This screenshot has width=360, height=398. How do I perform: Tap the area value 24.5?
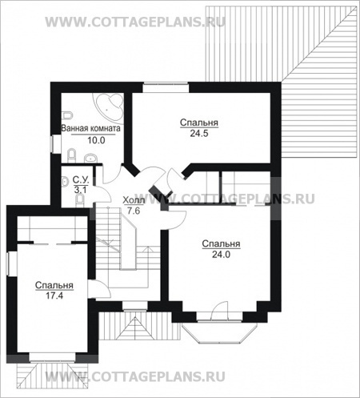tap(199, 134)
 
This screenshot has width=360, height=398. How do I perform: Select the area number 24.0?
tap(221, 255)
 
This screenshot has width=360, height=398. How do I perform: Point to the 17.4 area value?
tap(54, 295)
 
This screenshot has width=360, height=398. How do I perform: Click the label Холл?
tap(134, 200)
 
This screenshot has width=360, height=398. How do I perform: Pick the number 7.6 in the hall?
tap(134, 211)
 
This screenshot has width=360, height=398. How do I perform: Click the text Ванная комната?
tap(90, 128)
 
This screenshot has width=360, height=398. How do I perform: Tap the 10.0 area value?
tap(96, 140)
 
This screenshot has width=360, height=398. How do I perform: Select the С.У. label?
tap(81, 180)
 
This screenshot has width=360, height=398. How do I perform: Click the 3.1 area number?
tap(81, 190)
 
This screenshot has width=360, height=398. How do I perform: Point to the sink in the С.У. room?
tap(65, 182)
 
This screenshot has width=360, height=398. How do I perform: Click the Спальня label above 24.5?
tap(199, 123)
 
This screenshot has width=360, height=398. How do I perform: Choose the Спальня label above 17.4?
tap(54, 285)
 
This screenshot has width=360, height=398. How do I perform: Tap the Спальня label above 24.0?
tap(221, 243)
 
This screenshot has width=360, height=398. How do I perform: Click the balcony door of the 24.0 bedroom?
tap(220, 311)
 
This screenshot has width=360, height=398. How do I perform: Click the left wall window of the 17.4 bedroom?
tap(12, 263)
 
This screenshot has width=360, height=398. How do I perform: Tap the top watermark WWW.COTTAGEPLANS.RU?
tap(135, 22)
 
